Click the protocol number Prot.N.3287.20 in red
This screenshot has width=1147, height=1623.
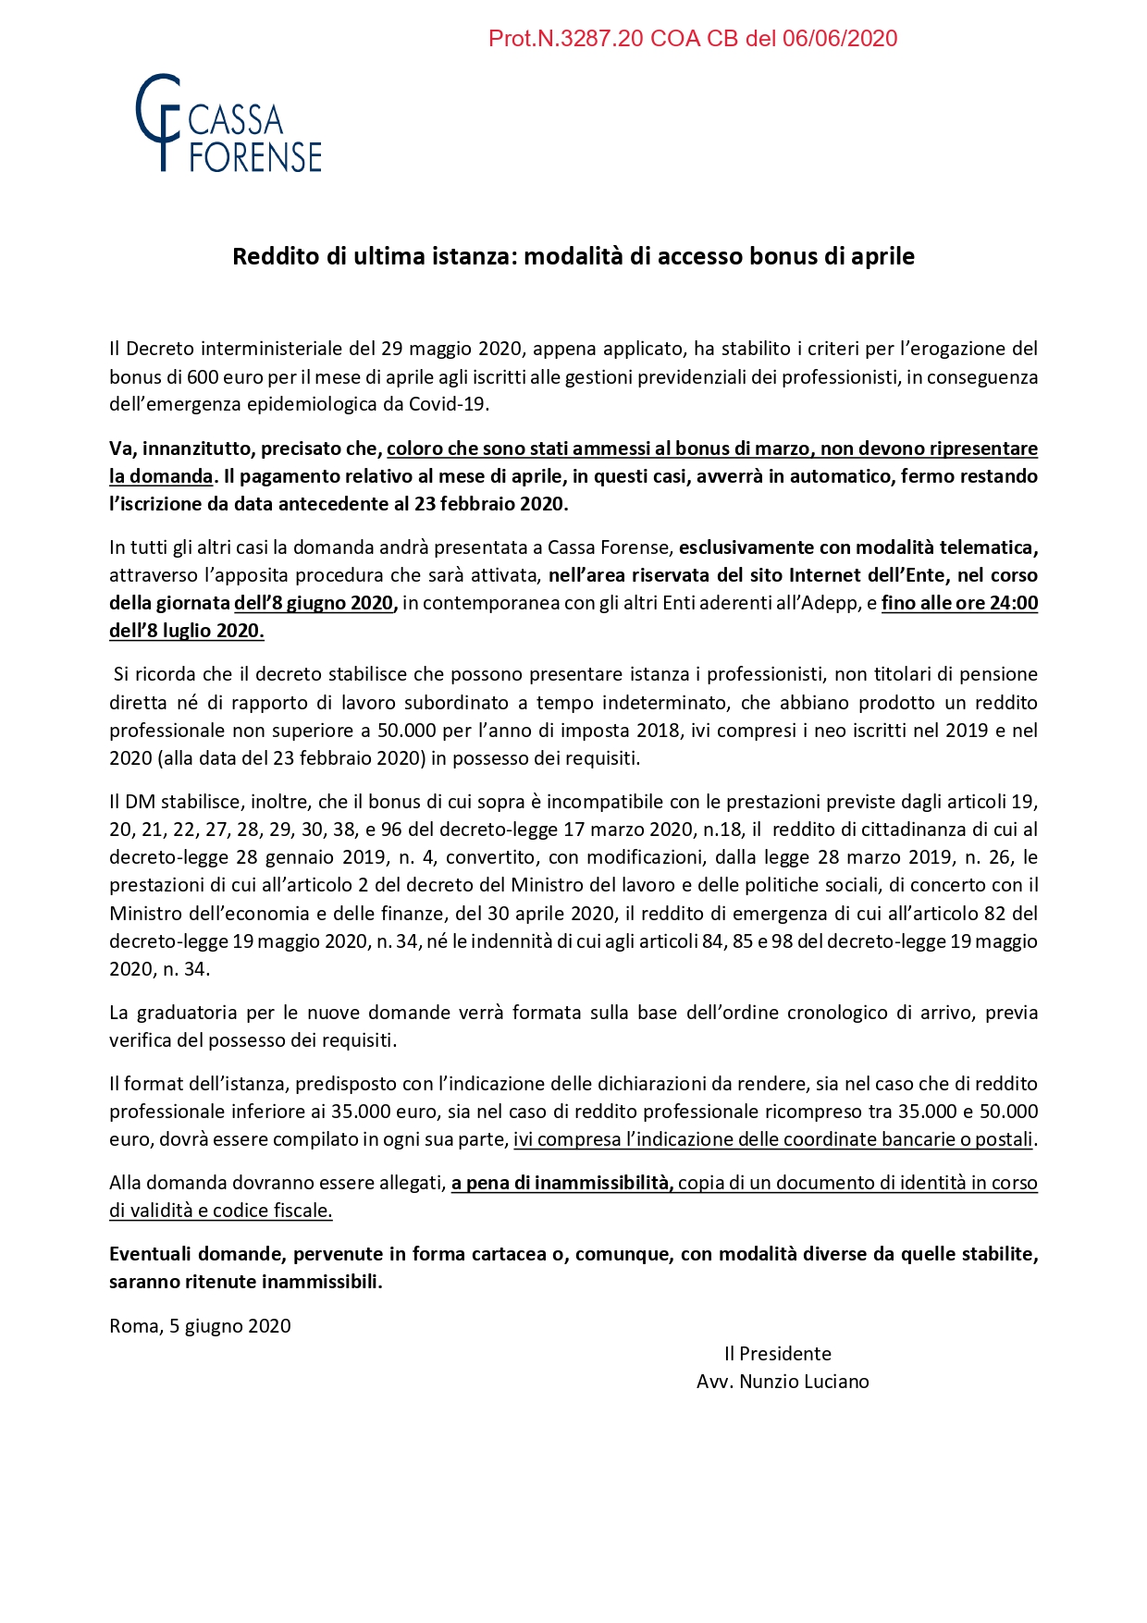566,39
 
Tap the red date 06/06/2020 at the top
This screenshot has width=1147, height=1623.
840,39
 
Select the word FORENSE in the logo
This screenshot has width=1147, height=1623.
255,157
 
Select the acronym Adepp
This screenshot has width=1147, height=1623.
837,603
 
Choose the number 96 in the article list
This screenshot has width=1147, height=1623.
391,830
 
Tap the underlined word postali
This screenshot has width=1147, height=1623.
1004,1139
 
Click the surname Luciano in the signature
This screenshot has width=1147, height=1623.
837,1382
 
